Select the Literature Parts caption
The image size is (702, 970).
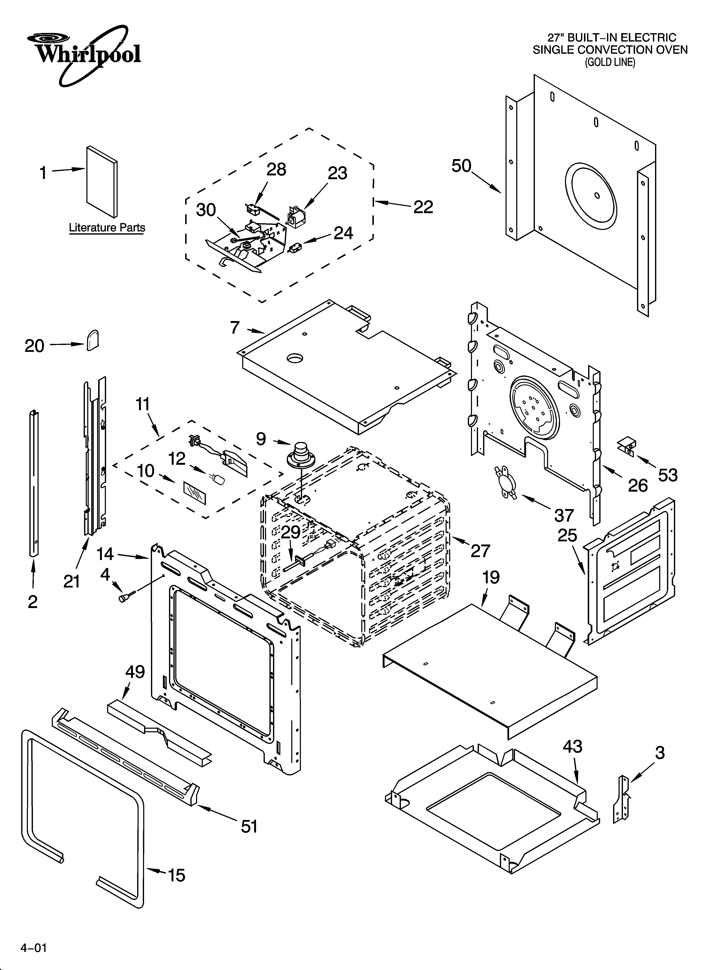point(107,228)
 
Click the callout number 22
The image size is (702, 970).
point(423,208)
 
